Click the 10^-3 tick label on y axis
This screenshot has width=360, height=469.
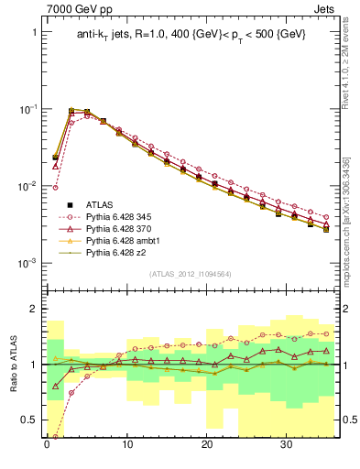click(26, 263)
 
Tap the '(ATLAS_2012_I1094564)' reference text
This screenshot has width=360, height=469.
click(190, 273)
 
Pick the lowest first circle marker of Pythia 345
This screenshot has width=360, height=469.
click(56, 188)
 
